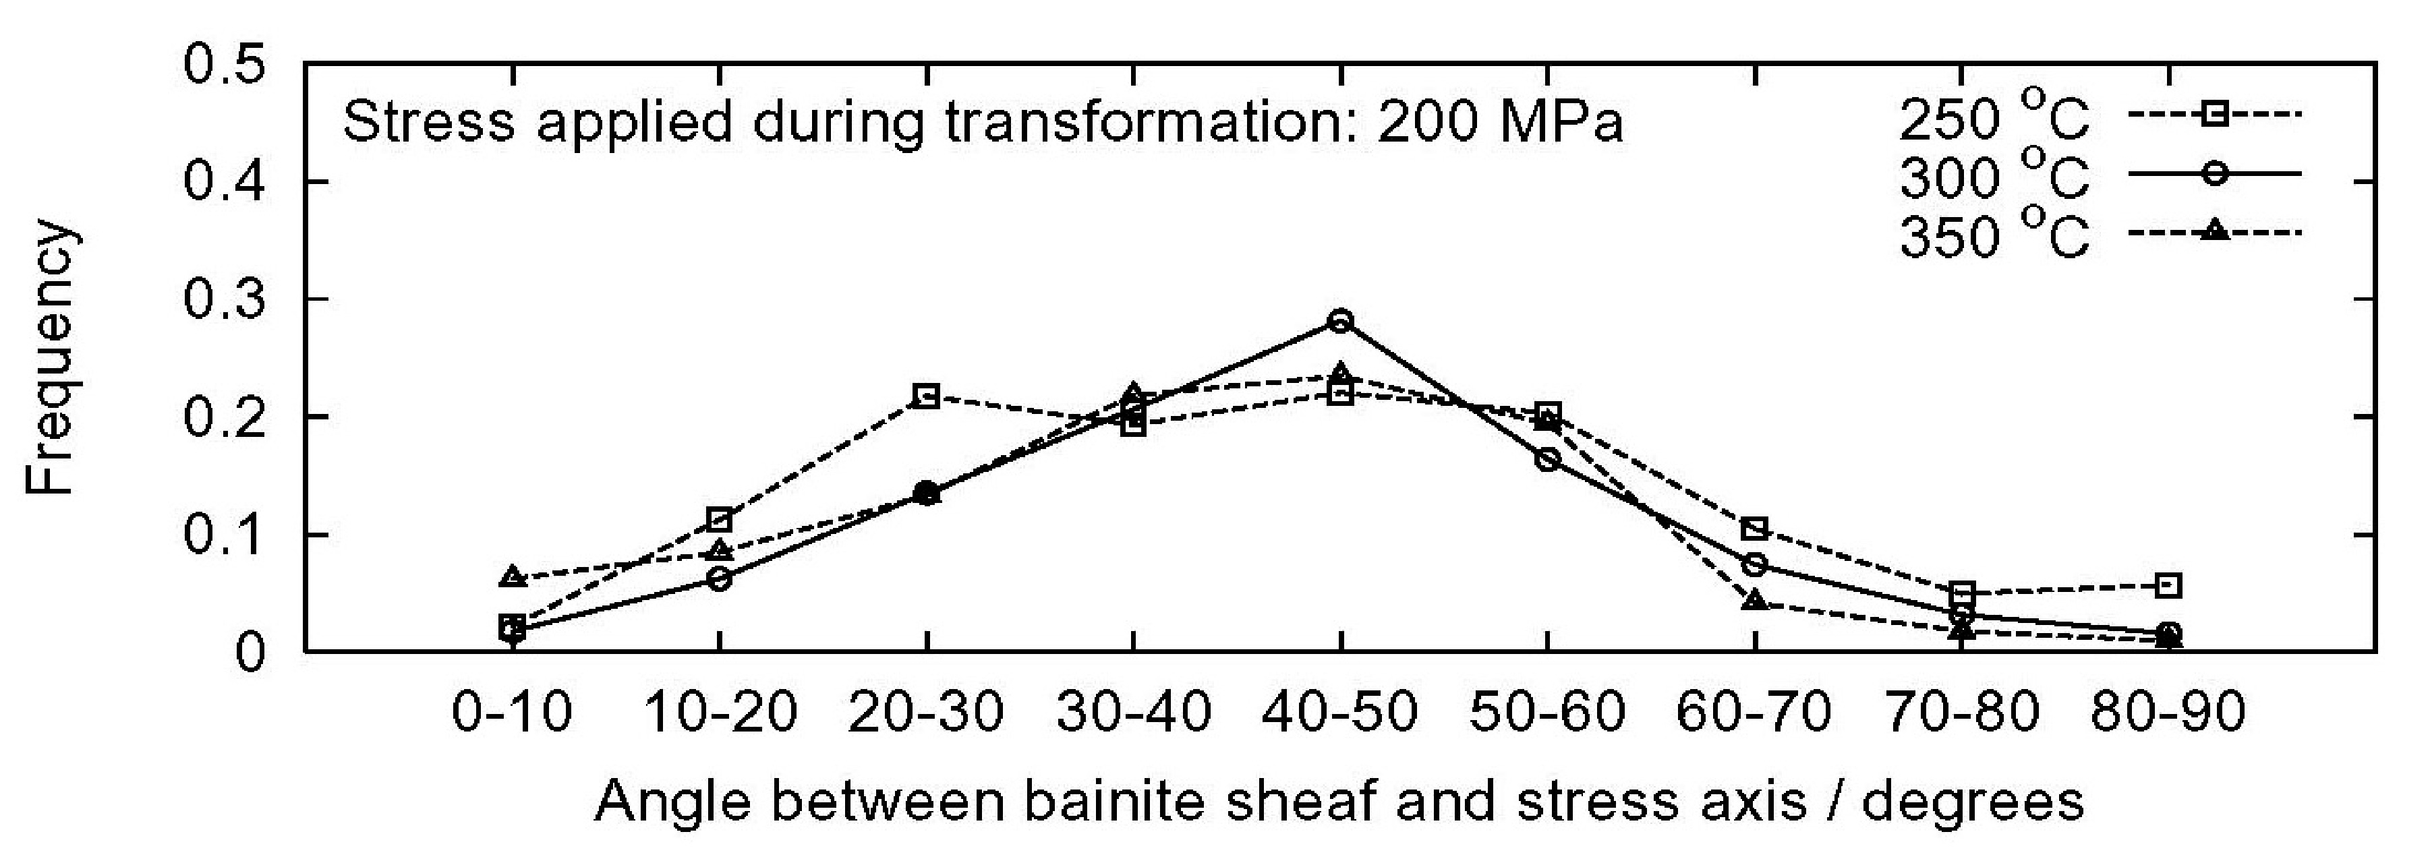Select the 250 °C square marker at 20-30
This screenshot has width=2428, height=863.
click(x=927, y=396)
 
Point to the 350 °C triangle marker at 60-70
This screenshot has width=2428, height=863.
click(x=1754, y=600)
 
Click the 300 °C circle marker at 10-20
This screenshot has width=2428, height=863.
click(x=719, y=578)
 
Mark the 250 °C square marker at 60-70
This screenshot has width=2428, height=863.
click(x=1754, y=528)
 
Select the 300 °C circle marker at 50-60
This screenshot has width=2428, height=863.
click(x=1548, y=460)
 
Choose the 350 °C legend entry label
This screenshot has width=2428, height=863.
click(x=1994, y=235)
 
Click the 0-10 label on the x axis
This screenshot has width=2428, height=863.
click(x=512, y=712)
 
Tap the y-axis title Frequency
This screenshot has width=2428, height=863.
click(x=49, y=358)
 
